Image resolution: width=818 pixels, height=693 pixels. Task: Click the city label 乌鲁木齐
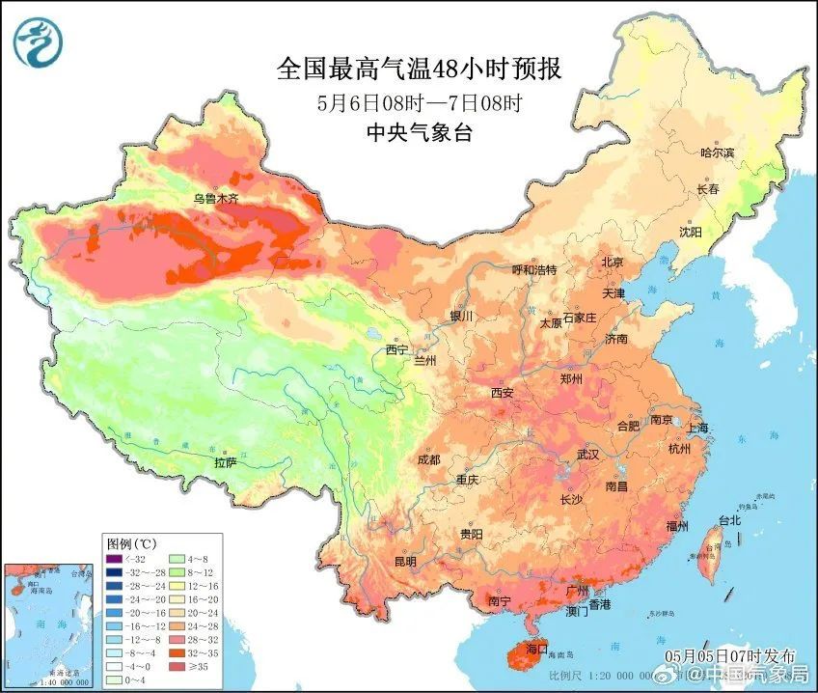click(x=214, y=199)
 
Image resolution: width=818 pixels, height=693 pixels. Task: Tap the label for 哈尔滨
click(x=717, y=152)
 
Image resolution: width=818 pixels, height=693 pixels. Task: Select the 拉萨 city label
click(x=225, y=463)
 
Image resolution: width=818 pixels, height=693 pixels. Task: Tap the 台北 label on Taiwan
click(x=729, y=520)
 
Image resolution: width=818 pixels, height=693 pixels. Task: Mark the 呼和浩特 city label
click(x=533, y=270)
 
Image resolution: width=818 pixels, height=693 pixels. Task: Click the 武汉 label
click(x=587, y=454)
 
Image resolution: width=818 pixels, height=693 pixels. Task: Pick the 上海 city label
click(x=697, y=428)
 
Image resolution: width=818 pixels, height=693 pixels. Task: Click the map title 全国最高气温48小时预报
click(x=419, y=69)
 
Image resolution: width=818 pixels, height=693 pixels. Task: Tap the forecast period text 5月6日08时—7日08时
click(x=419, y=102)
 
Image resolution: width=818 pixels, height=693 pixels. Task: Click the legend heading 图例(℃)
click(x=132, y=542)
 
